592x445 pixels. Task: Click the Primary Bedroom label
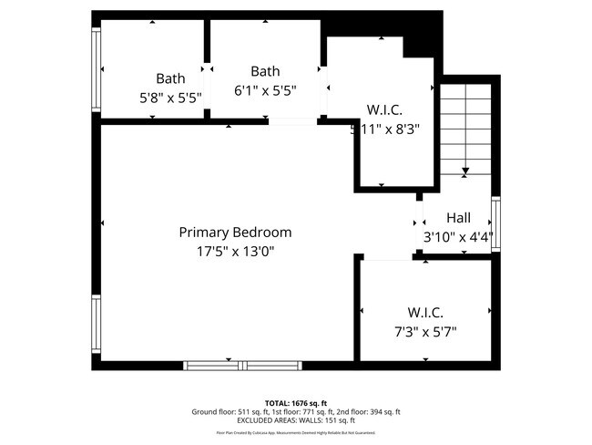(x=235, y=233)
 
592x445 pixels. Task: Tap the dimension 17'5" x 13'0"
(x=235, y=251)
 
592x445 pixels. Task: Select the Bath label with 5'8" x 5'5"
(x=170, y=78)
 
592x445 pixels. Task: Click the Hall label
(x=458, y=218)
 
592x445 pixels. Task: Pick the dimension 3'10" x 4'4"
(x=458, y=237)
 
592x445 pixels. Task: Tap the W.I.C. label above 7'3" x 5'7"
(x=425, y=312)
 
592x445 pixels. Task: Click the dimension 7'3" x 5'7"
(x=425, y=331)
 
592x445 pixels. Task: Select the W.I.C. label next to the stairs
(x=384, y=110)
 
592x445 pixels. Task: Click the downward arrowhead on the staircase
(x=465, y=171)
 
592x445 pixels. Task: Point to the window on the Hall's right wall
(x=495, y=224)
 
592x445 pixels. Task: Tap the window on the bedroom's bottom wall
(x=244, y=366)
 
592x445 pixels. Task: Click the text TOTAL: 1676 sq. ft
(x=295, y=402)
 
